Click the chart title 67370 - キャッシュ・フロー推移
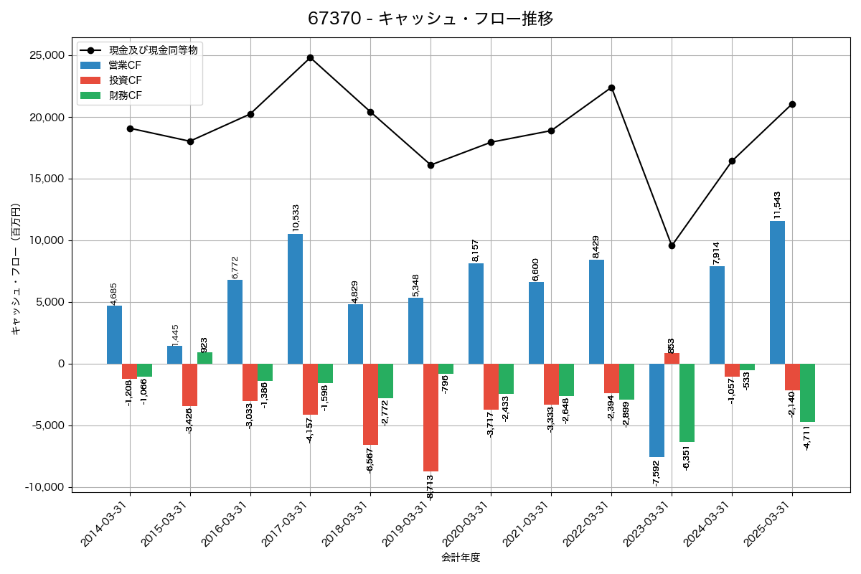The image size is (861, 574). tap(430, 19)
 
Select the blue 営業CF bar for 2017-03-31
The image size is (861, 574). tap(295, 298)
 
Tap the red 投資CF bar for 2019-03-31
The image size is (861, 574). tap(430, 417)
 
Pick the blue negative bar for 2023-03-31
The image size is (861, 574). tap(657, 410)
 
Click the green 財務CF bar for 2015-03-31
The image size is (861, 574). tap(204, 358)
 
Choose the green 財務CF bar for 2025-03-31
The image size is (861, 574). tap(807, 392)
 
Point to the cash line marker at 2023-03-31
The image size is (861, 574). tap(672, 245)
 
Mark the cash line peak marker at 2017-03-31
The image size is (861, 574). tap(310, 57)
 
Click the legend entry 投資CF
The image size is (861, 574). tap(125, 80)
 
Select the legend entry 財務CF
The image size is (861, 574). tap(125, 95)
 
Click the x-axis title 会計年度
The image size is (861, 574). tap(460, 557)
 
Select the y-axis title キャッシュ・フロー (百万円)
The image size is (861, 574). tap(16, 269)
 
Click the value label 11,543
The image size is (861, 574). tap(777, 205)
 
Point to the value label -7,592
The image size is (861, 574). tap(656, 473)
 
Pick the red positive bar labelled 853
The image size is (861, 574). tap(672, 358)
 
